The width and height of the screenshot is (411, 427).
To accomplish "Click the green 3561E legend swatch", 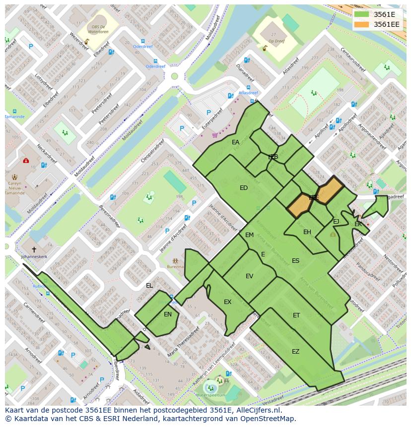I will pos(361,14).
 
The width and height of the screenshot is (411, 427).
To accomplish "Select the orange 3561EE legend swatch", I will pos(361,24).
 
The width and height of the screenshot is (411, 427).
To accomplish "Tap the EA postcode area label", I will pos(235,142).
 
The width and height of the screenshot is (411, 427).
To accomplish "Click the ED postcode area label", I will pos(243,188).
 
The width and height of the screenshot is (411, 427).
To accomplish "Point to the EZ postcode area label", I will pos(295,352).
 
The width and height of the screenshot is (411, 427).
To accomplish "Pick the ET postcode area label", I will pos(296,315).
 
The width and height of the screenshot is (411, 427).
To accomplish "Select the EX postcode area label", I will pos(227,302).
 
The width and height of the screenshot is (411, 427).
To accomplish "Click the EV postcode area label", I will pos(249,276).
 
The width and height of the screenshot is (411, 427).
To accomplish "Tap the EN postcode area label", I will pos(168,314).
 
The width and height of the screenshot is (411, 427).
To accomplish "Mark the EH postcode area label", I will pos(307,232).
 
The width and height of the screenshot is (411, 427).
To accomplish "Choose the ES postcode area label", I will pos(295,261).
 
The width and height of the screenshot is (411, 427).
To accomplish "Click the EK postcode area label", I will pos(358,225).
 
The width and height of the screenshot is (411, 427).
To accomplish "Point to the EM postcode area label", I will pos(249,235).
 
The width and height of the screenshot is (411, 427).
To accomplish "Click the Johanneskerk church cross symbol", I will pos(34,249).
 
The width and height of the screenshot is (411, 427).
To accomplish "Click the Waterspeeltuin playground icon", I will pos(211,385).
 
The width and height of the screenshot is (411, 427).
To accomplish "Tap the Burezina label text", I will pos(175,267).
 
